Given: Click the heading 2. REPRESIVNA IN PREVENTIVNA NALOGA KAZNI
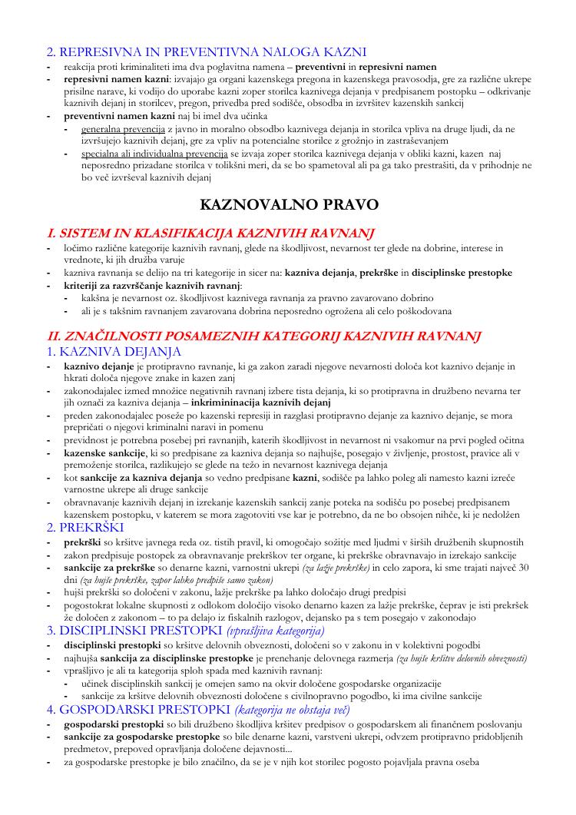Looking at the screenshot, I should (x=207, y=52).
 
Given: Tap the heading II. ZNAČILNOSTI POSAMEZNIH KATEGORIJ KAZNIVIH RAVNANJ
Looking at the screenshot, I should (x=264, y=336).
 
